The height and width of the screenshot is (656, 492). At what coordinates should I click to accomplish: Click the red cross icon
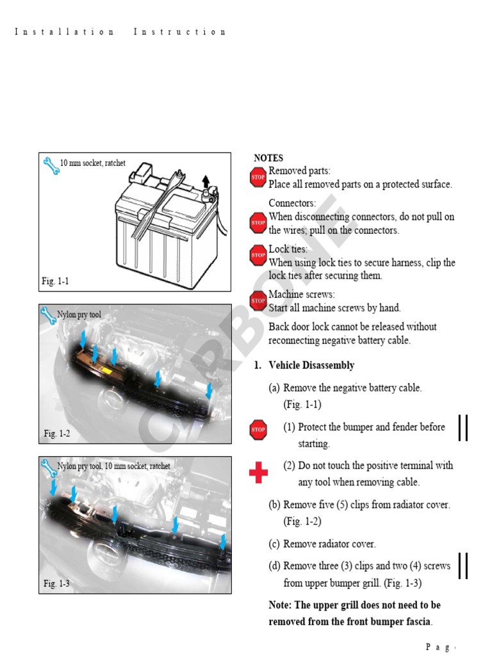[258, 474]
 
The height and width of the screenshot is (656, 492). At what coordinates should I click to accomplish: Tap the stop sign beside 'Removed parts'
[258, 177]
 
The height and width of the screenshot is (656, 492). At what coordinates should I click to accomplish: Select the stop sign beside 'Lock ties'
[258, 255]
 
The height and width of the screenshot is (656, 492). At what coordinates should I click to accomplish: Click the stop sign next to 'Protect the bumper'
[258, 429]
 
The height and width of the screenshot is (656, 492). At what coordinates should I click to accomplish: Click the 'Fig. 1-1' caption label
[56, 281]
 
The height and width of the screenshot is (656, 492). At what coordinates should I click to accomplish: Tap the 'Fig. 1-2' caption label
[57, 434]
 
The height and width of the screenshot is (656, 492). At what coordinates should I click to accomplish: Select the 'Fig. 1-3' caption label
[57, 584]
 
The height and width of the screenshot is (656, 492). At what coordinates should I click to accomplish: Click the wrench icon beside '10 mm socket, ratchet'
[50, 166]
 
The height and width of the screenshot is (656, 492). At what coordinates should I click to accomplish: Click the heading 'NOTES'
[268, 158]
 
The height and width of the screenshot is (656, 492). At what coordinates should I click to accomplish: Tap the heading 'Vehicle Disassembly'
[311, 365]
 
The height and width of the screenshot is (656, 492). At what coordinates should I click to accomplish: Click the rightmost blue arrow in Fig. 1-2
[209, 389]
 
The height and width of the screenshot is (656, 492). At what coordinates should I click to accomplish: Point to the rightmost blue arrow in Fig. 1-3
[222, 542]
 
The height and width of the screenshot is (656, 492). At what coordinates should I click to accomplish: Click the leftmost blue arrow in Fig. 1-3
[53, 487]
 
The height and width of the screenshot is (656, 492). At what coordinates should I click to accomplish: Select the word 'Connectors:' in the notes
[292, 203]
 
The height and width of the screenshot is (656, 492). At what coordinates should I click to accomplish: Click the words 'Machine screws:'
[301, 295]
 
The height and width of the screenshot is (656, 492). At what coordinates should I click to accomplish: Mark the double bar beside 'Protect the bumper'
[463, 428]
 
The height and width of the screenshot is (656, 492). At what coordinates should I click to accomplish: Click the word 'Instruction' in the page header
[179, 32]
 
